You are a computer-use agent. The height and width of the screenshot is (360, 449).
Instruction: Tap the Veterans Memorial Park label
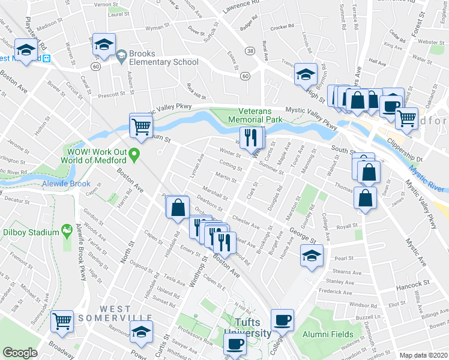(263, 115)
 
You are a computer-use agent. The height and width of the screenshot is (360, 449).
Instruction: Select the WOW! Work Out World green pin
(135, 155)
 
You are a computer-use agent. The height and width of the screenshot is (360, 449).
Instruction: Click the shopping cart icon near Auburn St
(141, 125)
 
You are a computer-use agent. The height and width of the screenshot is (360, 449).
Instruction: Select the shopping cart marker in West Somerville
(62, 321)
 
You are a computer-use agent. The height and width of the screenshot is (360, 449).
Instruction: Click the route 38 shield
(249, 52)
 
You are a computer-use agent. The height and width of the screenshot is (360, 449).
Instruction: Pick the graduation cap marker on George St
(310, 256)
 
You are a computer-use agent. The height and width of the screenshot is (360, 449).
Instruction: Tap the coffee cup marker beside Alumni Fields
(282, 320)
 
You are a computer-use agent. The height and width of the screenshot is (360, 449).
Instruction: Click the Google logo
(20, 352)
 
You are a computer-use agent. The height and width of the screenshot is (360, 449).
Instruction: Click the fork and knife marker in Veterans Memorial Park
(251, 137)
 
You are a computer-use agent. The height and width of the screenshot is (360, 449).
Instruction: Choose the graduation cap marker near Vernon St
(104, 44)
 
